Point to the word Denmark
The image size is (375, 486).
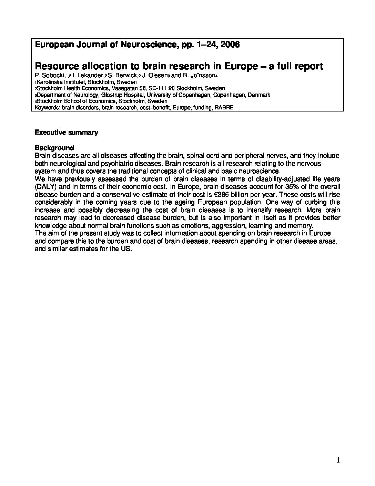[259, 95]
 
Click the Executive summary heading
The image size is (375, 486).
[66, 132]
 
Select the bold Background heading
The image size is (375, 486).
[54, 148]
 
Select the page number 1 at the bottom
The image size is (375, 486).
[338, 460]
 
